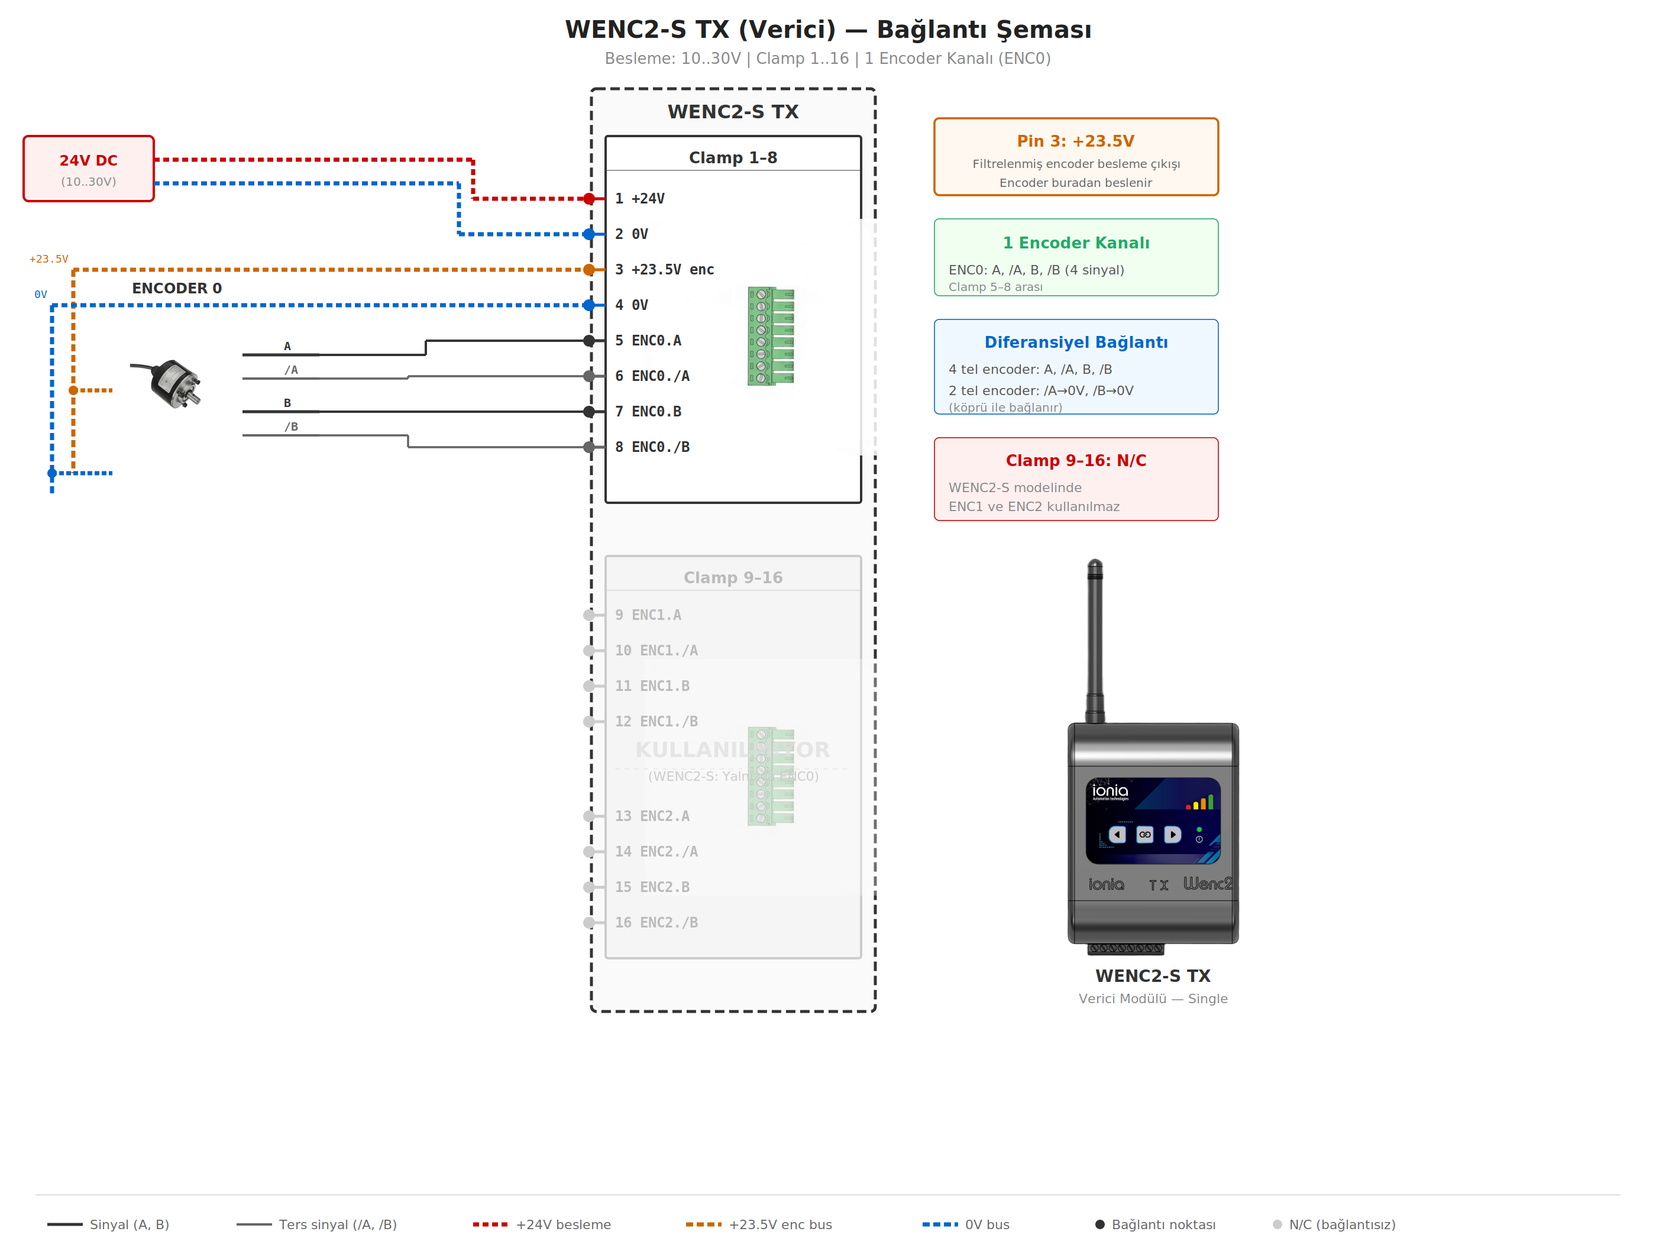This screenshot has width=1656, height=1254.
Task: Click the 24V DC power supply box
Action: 88,169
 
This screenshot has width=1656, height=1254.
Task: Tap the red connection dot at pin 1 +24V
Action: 589,198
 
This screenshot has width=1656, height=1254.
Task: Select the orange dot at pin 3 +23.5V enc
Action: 589,270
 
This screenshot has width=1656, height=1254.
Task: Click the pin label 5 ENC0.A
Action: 648,341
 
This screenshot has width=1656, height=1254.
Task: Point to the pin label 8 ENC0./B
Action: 652,447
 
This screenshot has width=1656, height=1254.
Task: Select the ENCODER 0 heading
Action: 177,288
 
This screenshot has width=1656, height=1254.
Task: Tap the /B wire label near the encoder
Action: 290,426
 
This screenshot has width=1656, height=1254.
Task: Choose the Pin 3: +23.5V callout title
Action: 1075,141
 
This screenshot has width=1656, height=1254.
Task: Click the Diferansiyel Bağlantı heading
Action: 1075,342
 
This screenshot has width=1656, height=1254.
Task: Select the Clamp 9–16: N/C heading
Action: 1075,460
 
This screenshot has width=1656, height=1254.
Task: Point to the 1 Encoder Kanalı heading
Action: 1075,243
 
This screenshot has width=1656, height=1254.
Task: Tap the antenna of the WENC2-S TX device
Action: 1095,640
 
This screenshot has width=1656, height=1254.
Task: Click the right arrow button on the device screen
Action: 1172,834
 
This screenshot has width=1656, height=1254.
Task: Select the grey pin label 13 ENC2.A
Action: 652,816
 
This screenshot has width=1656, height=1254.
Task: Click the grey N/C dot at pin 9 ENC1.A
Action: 589,615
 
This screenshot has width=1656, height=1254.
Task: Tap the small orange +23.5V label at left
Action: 48,259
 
